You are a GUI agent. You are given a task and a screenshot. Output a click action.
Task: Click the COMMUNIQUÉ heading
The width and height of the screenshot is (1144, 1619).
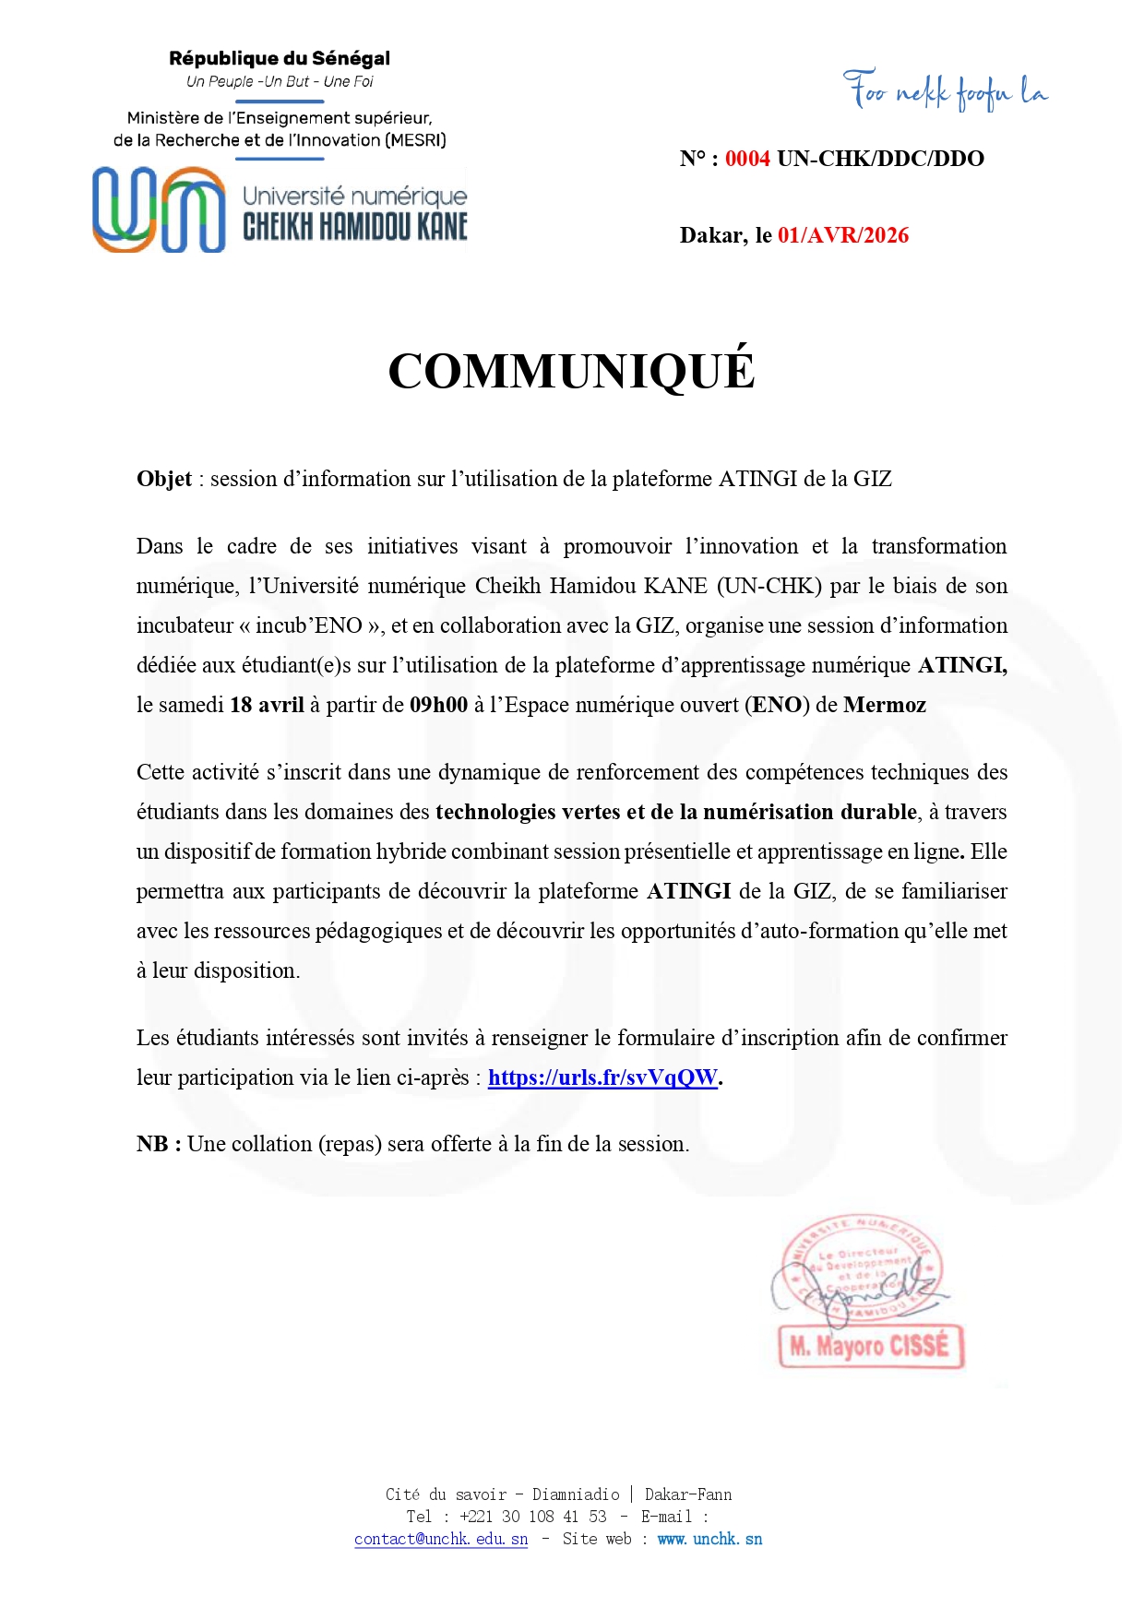coord(571,371)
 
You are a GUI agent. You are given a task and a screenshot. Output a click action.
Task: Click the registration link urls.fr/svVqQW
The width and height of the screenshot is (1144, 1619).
coord(602,1077)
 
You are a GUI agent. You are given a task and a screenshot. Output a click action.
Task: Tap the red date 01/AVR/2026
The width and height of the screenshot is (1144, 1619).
coord(842,235)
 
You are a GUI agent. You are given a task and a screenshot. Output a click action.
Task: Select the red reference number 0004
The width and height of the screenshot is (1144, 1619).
coord(747,159)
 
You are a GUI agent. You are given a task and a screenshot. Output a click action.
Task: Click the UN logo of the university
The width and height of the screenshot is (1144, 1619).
coord(159,209)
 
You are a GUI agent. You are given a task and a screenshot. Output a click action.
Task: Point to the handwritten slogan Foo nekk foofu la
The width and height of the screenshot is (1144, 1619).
coord(945,91)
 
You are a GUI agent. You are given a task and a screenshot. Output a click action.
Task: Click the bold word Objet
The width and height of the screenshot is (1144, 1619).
coord(164,479)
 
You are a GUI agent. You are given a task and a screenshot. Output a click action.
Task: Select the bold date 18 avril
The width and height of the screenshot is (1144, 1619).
coord(267,705)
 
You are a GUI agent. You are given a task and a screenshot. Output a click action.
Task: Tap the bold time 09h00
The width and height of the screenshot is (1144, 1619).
coord(438,705)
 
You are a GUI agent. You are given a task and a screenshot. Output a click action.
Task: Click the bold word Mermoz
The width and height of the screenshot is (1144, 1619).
coord(884,705)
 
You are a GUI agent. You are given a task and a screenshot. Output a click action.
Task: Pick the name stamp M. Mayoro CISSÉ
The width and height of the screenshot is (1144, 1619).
coord(870,1346)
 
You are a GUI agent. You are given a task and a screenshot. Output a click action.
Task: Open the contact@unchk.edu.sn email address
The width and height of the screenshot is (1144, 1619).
coord(441,1539)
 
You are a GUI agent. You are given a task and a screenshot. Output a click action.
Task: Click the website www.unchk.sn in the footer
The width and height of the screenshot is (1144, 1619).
coord(709,1539)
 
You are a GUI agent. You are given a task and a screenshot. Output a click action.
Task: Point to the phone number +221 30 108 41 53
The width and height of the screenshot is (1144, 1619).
coord(532,1517)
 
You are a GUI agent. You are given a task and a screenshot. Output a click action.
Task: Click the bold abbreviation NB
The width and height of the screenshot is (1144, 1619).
coord(153,1144)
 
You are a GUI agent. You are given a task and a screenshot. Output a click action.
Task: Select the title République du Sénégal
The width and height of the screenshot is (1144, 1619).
coord(280,58)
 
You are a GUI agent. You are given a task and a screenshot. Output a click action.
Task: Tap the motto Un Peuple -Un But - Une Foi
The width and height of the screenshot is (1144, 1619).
coord(280,81)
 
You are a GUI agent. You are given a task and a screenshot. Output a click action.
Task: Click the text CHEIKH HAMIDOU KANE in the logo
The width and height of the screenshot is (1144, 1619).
coord(355,227)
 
